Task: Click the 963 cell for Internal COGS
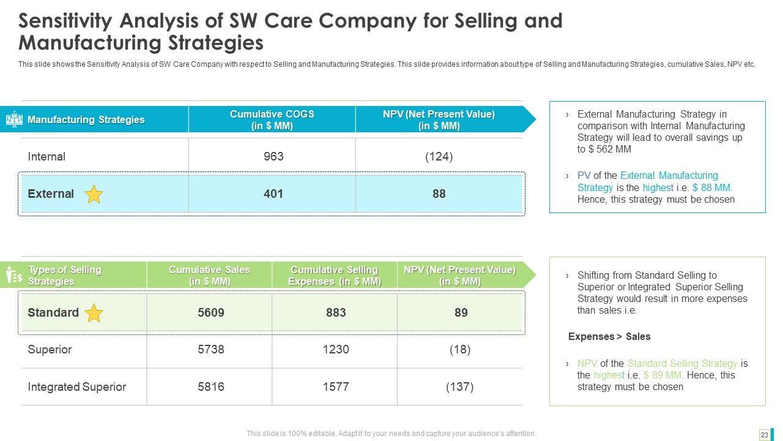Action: click(x=273, y=157)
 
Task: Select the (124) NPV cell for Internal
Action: click(x=439, y=157)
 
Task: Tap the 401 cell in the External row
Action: click(x=273, y=194)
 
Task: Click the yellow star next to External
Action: click(x=94, y=194)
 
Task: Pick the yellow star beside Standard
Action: click(x=94, y=313)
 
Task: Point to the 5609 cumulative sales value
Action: click(x=211, y=312)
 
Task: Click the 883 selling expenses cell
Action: click(x=336, y=312)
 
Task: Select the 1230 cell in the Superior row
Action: click(x=336, y=349)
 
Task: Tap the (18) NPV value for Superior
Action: click(x=460, y=349)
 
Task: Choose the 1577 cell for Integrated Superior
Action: click(x=336, y=386)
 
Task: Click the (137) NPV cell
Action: click(x=460, y=386)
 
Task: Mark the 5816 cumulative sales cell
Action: click(x=211, y=386)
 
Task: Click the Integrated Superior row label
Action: click(x=77, y=386)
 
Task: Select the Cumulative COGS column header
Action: click(x=272, y=119)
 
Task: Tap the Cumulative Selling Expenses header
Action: click(x=335, y=276)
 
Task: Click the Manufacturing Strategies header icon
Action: click(x=14, y=119)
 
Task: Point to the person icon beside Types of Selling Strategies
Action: click(x=13, y=276)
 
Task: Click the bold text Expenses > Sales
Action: click(x=609, y=336)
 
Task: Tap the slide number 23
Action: click(x=764, y=434)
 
